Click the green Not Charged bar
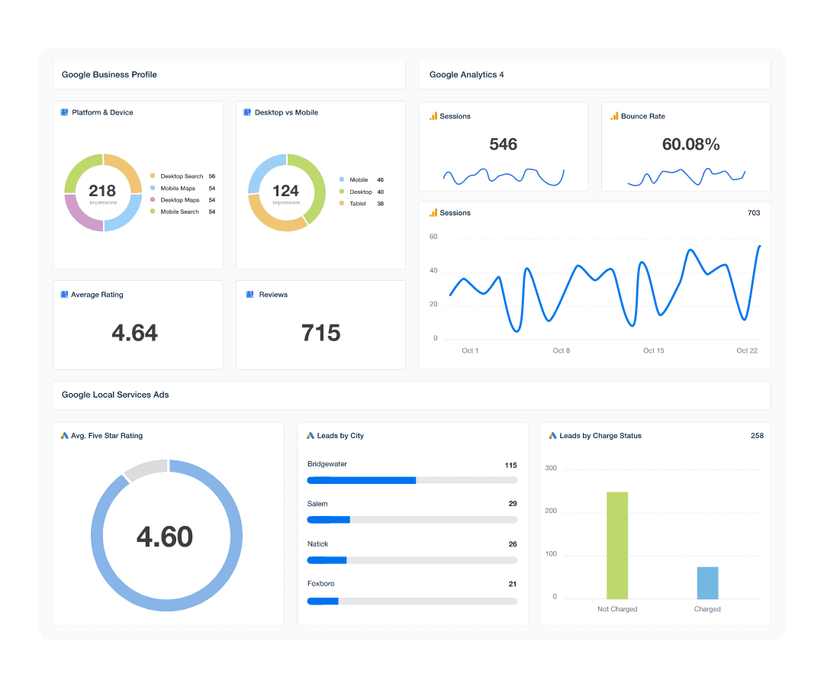coord(616,545)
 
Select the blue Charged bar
coord(707,582)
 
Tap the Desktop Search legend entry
coord(182,176)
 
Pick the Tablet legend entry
coord(357,204)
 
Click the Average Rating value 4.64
coord(135,333)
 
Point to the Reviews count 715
coord(320,333)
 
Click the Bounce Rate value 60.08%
coord(690,144)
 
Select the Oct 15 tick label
coord(653,351)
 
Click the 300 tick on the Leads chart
coord(550,469)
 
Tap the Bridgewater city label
coord(327,464)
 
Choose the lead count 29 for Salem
coord(513,504)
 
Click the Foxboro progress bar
coord(412,602)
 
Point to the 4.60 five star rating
coord(165,537)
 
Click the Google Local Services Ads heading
coord(115,395)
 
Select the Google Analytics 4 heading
coord(466,75)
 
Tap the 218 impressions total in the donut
coord(102,190)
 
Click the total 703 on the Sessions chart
coord(754,213)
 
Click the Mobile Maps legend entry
coord(178,189)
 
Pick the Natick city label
coord(318,544)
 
